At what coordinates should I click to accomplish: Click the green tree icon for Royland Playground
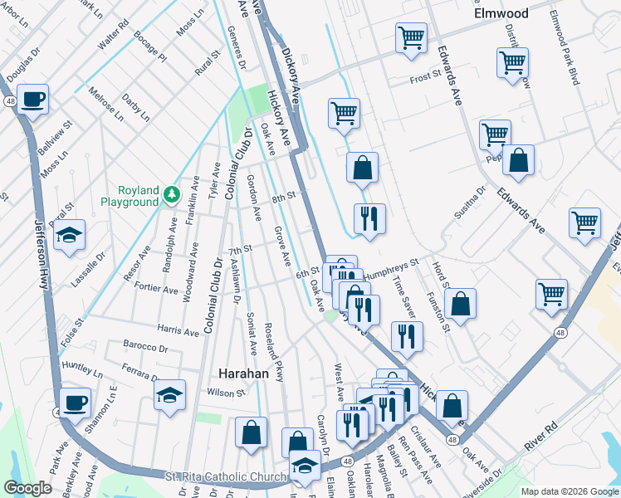tap(172, 193)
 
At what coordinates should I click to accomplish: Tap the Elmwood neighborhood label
tap(501, 13)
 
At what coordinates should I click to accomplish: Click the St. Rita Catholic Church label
tap(224, 476)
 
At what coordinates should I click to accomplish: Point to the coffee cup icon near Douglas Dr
tap(32, 100)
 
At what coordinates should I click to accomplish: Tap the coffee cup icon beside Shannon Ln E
tap(74, 403)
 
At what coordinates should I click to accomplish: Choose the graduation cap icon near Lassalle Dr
tap(70, 233)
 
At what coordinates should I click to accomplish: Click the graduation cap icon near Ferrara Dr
tap(169, 395)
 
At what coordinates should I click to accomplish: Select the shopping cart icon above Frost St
tap(411, 38)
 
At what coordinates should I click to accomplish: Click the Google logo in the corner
tap(28, 488)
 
